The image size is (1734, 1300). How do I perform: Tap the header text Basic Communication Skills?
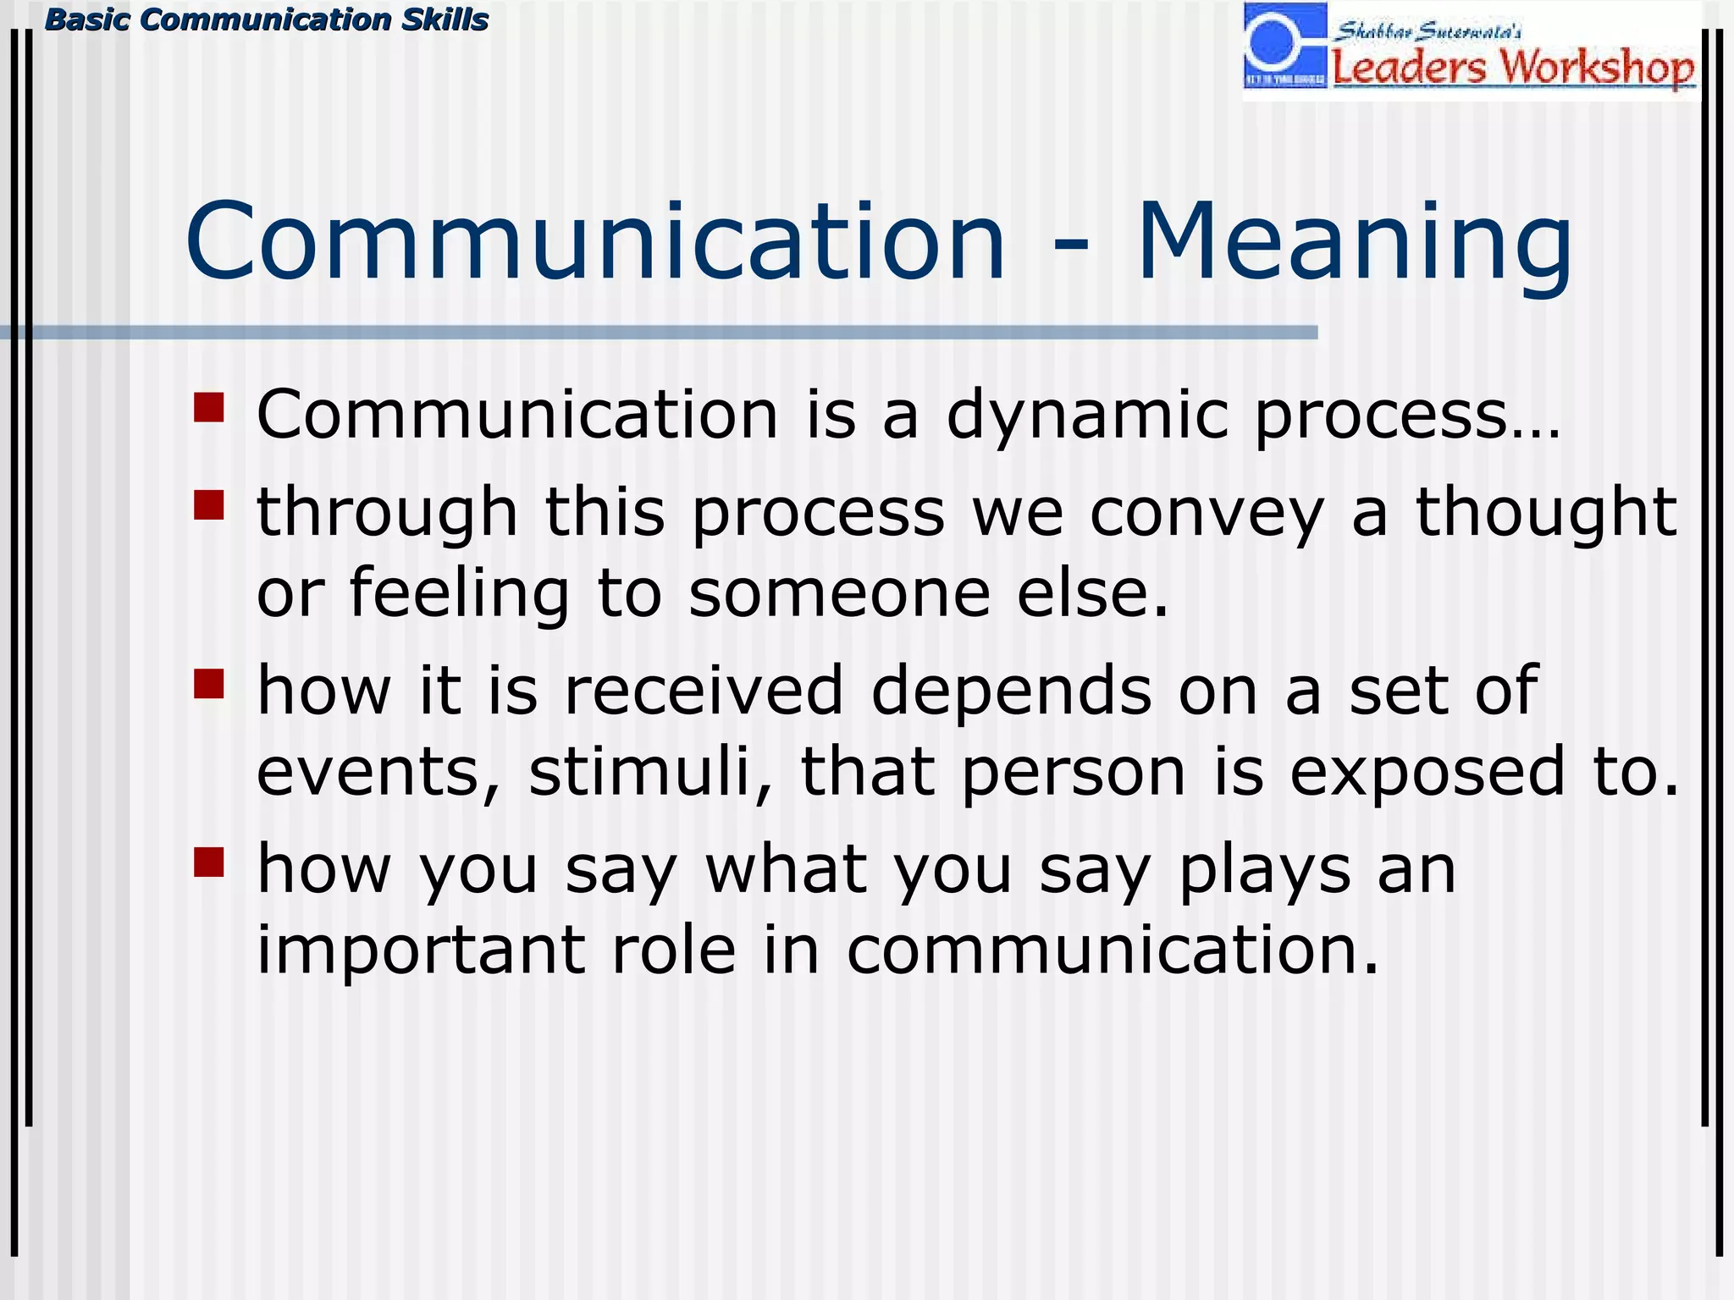(267, 19)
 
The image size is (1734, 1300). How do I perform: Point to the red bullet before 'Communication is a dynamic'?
(208, 407)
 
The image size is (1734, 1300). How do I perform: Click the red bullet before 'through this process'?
(208, 505)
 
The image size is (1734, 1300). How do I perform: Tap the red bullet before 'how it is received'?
(208, 684)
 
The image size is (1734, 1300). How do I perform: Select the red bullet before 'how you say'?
(208, 862)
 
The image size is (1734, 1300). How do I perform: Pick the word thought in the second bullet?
(1546, 514)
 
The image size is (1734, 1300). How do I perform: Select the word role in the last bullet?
(674, 950)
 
